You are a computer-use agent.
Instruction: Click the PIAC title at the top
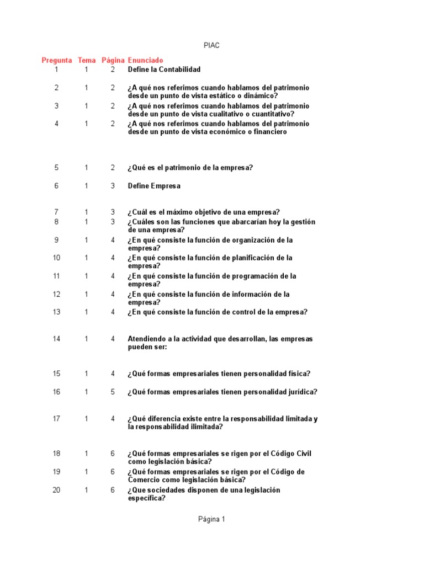211,45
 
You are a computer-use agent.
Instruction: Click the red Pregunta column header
57,60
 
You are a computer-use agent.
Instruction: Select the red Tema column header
87,60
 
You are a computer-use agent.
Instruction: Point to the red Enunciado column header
146,60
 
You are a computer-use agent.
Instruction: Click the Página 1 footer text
211,519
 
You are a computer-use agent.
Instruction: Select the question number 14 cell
56,339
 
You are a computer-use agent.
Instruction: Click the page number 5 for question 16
113,392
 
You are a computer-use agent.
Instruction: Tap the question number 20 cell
56,490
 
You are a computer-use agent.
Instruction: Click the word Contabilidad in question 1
179,70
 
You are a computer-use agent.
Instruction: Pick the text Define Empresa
154,186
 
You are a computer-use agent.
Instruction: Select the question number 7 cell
56,212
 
